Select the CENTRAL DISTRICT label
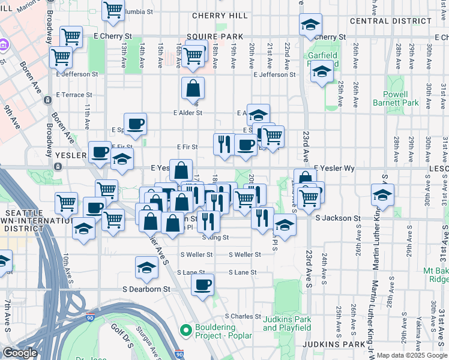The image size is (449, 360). tap(390, 21)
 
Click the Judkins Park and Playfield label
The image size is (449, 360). tap(287, 323)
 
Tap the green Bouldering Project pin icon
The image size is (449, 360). tap(185, 329)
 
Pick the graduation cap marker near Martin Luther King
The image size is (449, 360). tap(382, 195)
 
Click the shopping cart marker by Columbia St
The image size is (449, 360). tap(113, 10)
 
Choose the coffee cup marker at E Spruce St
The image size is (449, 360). tap(136, 124)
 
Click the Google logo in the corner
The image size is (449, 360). tap(20, 353)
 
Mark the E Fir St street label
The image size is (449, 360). tap(187, 147)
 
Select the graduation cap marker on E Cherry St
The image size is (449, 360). tap(310, 25)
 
